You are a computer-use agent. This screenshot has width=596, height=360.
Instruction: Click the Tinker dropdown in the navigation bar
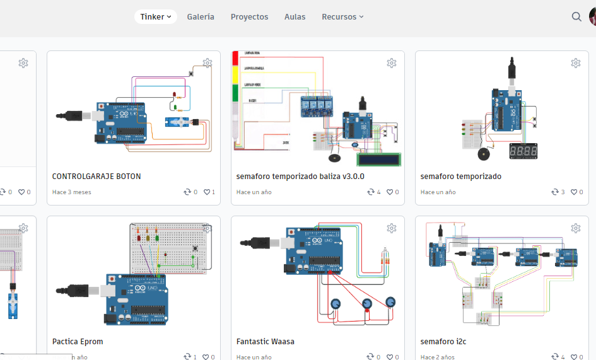pyautogui.click(x=155, y=17)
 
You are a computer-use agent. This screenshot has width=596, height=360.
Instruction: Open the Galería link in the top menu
pyautogui.click(x=201, y=17)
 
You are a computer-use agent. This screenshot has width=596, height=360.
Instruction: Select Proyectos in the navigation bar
pyautogui.click(x=249, y=17)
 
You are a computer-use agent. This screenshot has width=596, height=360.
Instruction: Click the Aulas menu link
pyautogui.click(x=295, y=17)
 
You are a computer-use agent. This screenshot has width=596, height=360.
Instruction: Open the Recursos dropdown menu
pyautogui.click(x=342, y=17)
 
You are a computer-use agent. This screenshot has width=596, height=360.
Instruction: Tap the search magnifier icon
pyautogui.click(x=576, y=17)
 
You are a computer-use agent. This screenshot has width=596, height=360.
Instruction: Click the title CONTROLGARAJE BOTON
pyautogui.click(x=96, y=177)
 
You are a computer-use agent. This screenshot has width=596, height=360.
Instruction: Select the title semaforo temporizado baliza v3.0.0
pyautogui.click(x=300, y=177)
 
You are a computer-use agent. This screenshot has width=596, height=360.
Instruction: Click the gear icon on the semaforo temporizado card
pyautogui.click(x=575, y=63)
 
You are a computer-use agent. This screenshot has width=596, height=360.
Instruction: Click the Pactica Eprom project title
pyautogui.click(x=78, y=342)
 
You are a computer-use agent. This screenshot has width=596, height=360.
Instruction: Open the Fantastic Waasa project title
pyautogui.click(x=265, y=342)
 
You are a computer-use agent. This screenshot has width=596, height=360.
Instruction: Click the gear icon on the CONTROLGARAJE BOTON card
pyautogui.click(x=207, y=63)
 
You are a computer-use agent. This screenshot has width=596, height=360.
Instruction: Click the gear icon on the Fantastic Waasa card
pyautogui.click(x=391, y=228)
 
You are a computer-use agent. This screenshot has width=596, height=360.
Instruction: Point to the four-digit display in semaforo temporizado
pyautogui.click(x=523, y=151)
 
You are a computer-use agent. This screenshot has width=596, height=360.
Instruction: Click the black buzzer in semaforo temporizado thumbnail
pyautogui.click(x=483, y=154)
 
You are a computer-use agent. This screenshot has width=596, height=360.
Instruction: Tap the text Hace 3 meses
pyautogui.click(x=72, y=192)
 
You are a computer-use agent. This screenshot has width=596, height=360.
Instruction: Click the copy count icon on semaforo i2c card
pyautogui.click(x=555, y=357)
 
